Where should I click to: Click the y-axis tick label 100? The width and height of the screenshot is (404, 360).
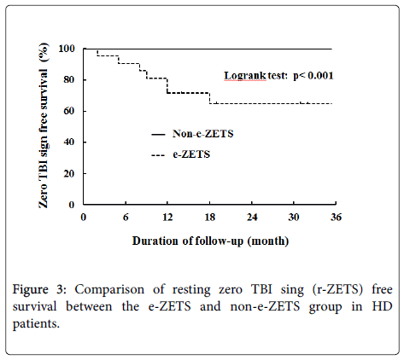click(67, 49)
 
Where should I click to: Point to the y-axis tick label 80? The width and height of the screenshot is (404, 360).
click(69, 79)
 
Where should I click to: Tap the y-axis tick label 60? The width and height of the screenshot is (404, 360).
click(69, 111)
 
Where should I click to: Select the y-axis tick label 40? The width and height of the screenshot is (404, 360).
click(69, 142)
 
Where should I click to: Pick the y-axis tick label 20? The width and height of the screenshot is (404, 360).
click(69, 173)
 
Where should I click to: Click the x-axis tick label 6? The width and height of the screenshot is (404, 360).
click(126, 218)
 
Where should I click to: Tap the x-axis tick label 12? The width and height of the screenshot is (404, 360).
click(167, 218)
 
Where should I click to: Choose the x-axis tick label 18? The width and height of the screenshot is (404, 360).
click(209, 218)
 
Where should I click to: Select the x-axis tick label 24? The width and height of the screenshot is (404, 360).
click(252, 218)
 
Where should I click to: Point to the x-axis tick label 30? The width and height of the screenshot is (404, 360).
click(294, 218)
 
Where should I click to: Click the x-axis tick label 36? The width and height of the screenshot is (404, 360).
click(336, 218)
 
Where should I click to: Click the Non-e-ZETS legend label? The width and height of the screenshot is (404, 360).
click(203, 134)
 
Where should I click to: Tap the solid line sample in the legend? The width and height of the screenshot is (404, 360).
click(158, 134)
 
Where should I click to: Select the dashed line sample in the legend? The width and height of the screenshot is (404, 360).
click(158, 155)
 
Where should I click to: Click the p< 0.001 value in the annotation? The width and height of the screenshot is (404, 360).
click(313, 76)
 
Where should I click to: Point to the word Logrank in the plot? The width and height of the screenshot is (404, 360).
click(245, 76)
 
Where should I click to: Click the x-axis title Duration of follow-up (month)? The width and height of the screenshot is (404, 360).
click(211, 241)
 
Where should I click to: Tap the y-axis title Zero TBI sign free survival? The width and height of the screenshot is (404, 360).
click(44, 125)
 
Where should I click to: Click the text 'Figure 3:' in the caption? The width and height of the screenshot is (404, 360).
click(39, 289)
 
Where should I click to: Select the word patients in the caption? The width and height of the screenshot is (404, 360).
click(36, 324)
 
